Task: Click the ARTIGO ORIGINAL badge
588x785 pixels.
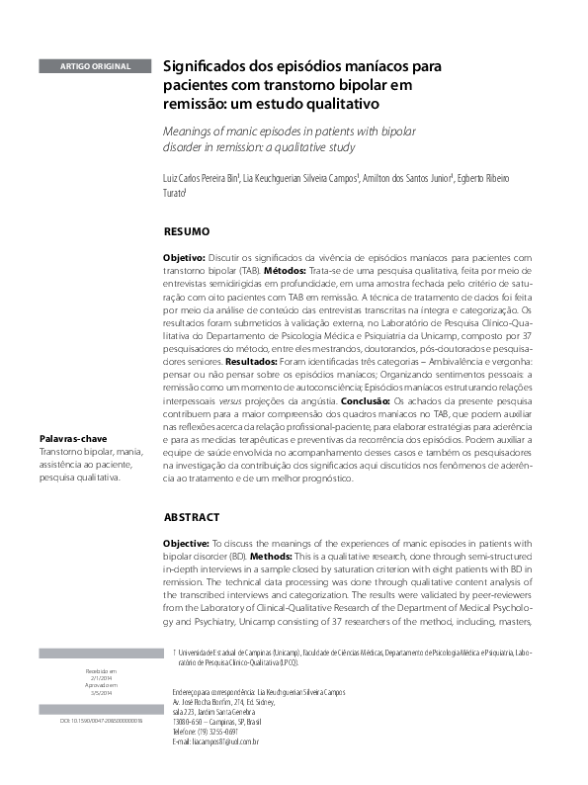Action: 96,66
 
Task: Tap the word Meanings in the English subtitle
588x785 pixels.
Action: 190,131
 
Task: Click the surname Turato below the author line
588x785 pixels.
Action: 175,195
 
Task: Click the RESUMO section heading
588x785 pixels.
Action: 186,231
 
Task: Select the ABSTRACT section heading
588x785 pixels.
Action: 192,517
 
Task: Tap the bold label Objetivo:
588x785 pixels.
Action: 184,256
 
